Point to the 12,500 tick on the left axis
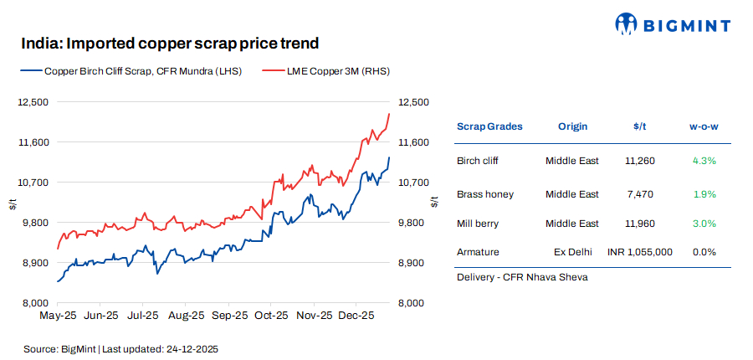pyautogui.click(x=33, y=102)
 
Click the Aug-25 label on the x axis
pyautogui.click(x=186, y=316)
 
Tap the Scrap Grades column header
pyautogui.click(x=489, y=126)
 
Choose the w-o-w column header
pyautogui.click(x=704, y=126)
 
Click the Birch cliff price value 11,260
pyautogui.click(x=639, y=160)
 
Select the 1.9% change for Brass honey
pyautogui.click(x=704, y=194)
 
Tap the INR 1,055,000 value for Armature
pyautogui.click(x=639, y=251)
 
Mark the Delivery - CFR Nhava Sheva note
pyautogui.click(x=522, y=277)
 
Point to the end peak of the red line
pyautogui.click(x=389, y=114)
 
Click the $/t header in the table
pyautogui.click(x=640, y=126)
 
